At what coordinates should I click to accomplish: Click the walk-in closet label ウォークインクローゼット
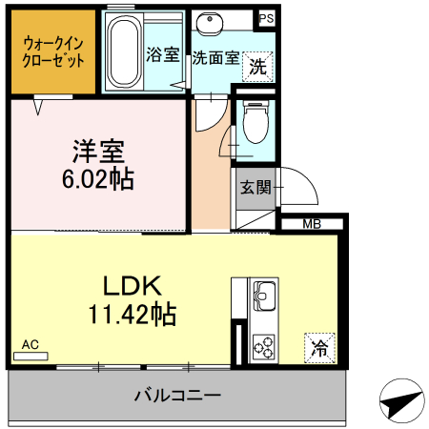(52, 51)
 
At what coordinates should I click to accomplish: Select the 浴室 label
(162, 54)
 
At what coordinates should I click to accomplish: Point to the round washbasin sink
(210, 23)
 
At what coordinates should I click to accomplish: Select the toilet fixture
(255, 123)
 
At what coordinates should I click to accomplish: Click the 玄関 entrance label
(254, 187)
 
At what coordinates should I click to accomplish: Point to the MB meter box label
(312, 225)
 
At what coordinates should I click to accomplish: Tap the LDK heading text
(133, 284)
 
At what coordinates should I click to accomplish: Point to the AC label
(30, 344)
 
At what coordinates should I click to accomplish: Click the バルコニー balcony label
(177, 395)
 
